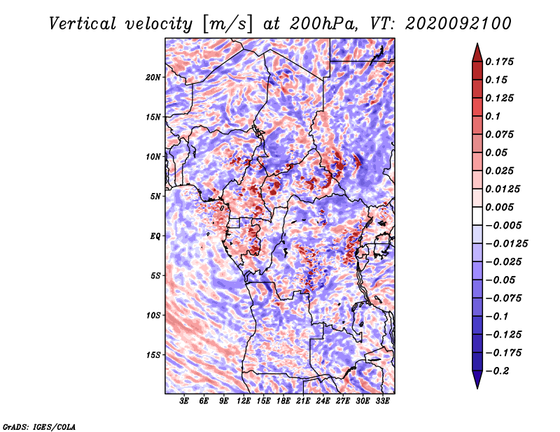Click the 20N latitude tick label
click(153, 77)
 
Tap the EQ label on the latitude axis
click(155, 236)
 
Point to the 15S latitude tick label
click(153, 355)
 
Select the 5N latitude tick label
click(155, 196)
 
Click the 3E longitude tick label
click(184, 401)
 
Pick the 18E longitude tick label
click(283, 401)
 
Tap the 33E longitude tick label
click(382, 401)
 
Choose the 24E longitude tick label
click(323, 401)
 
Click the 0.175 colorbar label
click(499, 62)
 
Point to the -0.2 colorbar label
click(498, 371)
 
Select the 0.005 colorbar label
click(499, 207)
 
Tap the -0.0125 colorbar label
click(506, 244)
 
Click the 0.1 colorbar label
click(493, 116)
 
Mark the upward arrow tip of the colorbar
click(477, 43)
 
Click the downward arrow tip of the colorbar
click(477, 388)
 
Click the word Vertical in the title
click(83, 24)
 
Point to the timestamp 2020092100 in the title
click(458, 24)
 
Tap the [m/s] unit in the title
click(227, 24)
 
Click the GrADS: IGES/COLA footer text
click(39, 427)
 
